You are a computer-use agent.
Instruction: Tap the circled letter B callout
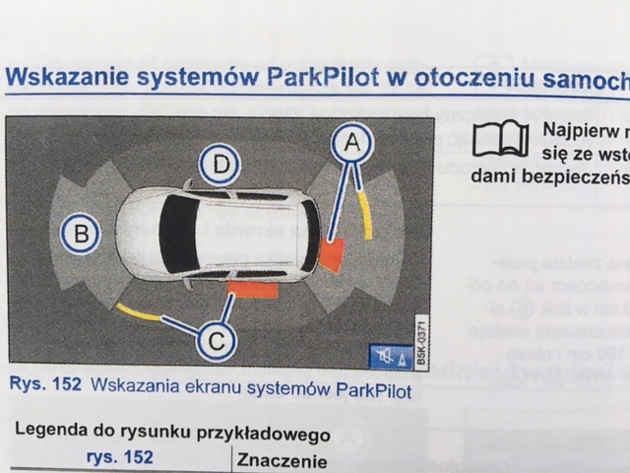(81, 234)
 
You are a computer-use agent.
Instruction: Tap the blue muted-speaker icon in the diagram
(384, 356)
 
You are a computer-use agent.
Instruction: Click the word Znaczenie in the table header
(279, 460)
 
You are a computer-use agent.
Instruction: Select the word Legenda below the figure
(47, 434)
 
